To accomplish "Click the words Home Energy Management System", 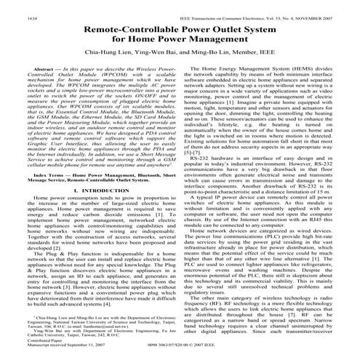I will [x=244, y=67].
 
